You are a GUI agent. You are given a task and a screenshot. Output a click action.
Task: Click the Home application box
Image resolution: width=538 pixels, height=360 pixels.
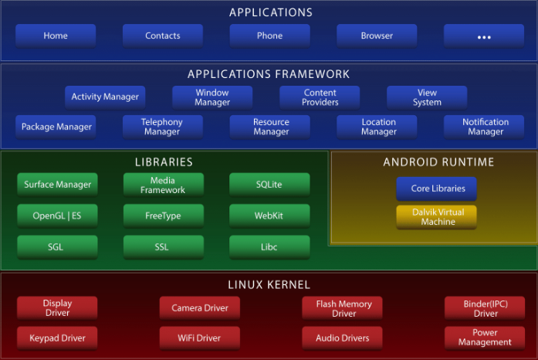pyautogui.click(x=56, y=36)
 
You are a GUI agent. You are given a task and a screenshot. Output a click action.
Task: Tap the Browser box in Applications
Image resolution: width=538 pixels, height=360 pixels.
pyautogui.click(x=377, y=36)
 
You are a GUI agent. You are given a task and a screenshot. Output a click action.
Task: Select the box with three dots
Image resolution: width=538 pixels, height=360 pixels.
pyautogui.click(x=484, y=36)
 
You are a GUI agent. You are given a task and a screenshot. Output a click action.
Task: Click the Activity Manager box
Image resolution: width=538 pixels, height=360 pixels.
pyautogui.click(x=105, y=97)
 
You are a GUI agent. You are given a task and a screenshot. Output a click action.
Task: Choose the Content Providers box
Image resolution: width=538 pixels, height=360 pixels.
pyautogui.click(x=320, y=97)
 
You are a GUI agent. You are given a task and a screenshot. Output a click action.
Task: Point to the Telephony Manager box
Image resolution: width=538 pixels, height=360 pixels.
pyautogui.click(x=162, y=127)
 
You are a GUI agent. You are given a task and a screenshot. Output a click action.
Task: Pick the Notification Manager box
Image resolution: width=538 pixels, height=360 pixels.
pyautogui.click(x=486, y=127)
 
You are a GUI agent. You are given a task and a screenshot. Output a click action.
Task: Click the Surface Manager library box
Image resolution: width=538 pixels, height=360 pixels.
pyautogui.click(x=58, y=185)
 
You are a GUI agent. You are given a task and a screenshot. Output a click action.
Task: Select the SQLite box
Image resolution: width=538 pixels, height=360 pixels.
pyautogui.click(x=269, y=185)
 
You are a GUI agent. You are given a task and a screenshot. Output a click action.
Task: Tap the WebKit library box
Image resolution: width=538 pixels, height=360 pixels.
pyautogui.click(x=269, y=216)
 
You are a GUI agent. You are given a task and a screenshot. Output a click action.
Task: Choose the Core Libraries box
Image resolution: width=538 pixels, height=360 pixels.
pyautogui.click(x=437, y=189)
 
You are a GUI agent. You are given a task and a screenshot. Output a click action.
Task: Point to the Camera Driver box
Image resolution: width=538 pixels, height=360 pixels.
pyautogui.click(x=200, y=308)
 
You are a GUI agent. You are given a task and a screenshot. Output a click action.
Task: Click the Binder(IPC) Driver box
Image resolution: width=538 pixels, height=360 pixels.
pyautogui.click(x=486, y=308)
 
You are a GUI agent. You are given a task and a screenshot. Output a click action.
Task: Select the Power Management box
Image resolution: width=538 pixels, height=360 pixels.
pyautogui.click(x=485, y=338)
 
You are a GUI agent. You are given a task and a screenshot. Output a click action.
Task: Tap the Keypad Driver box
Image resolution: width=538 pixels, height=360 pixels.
pyautogui.click(x=58, y=338)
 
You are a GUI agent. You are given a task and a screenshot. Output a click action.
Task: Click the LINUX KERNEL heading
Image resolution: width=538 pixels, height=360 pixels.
pyautogui.click(x=269, y=285)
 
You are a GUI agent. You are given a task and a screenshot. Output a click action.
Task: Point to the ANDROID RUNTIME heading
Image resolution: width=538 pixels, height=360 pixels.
pyautogui.click(x=438, y=162)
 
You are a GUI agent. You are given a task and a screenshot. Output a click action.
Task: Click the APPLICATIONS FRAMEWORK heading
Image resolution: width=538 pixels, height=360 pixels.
pyautogui.click(x=269, y=74)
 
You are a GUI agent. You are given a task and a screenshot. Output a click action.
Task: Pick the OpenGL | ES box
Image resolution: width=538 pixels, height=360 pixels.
pyautogui.click(x=58, y=216)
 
